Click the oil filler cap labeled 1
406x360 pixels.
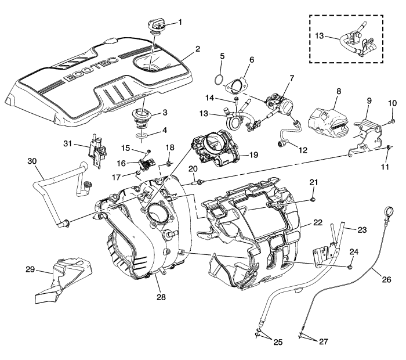[156, 26]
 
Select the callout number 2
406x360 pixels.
[198, 49]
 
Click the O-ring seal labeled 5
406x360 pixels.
[219, 77]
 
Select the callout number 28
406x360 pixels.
[161, 297]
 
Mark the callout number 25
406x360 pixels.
[277, 342]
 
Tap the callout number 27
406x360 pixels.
[322, 342]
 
